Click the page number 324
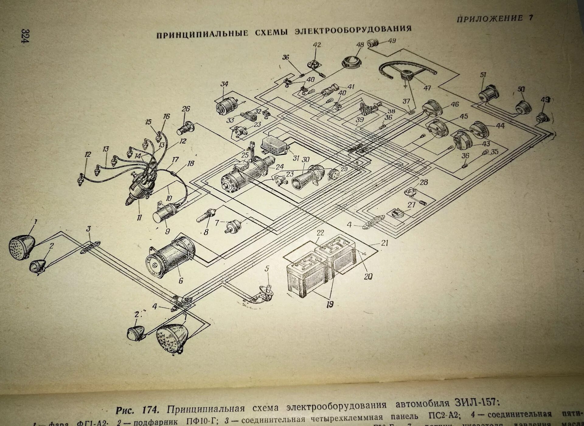pyautogui.click(x=25, y=36)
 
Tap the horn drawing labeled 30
pyautogui.click(x=307, y=176)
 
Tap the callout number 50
pyautogui.click(x=521, y=89)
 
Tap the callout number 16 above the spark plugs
pyautogui.click(x=166, y=117)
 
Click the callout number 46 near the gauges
pyautogui.click(x=454, y=105)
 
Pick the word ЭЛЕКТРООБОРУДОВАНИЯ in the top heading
pyautogui.click(x=353, y=30)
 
